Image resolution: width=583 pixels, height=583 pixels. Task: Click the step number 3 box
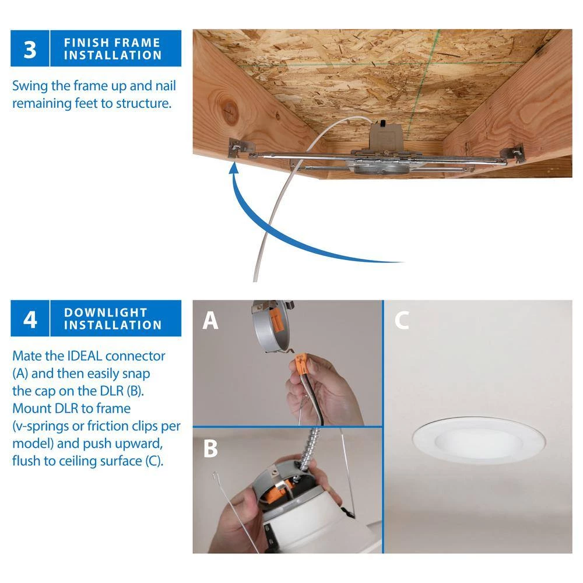29,48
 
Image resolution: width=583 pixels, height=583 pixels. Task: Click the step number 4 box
29,318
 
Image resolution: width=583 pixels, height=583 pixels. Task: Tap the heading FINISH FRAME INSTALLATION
113,49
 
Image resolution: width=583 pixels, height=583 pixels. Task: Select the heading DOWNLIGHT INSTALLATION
113,318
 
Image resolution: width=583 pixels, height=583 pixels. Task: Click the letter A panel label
210,321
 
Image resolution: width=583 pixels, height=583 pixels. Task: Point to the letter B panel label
210,448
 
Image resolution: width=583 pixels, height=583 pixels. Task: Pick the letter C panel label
401,321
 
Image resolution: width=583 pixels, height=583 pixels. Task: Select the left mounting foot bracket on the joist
239,149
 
